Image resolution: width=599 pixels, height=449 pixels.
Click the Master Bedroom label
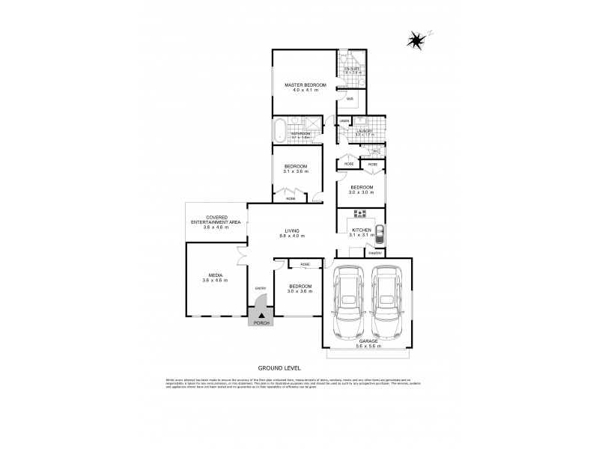[305, 85]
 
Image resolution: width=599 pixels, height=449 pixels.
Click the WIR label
[350, 98]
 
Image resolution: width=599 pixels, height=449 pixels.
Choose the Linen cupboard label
[344, 121]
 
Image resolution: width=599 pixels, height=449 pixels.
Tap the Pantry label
[374, 254]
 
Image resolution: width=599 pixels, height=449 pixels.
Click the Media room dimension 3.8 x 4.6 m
[214, 280]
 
